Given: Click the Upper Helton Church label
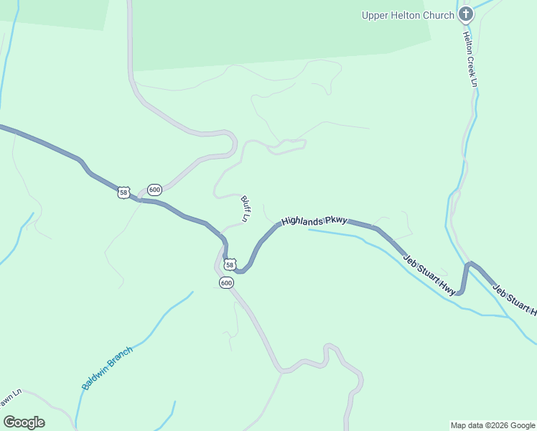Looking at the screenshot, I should [x=408, y=15].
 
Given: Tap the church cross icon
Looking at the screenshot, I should [x=466, y=14].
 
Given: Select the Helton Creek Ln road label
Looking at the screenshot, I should [x=470, y=59].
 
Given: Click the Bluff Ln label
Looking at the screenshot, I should [x=245, y=208].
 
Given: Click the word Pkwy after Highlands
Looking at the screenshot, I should [x=336, y=220].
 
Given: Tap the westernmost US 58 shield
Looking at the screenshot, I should [x=124, y=193].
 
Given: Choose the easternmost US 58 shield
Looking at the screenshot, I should [x=229, y=264].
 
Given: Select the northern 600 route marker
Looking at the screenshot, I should [x=154, y=190].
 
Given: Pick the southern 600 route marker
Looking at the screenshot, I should [x=226, y=283].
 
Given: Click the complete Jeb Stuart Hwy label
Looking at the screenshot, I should [x=429, y=274].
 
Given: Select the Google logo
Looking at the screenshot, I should [x=24, y=422].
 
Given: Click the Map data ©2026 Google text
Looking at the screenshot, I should [x=493, y=425].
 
